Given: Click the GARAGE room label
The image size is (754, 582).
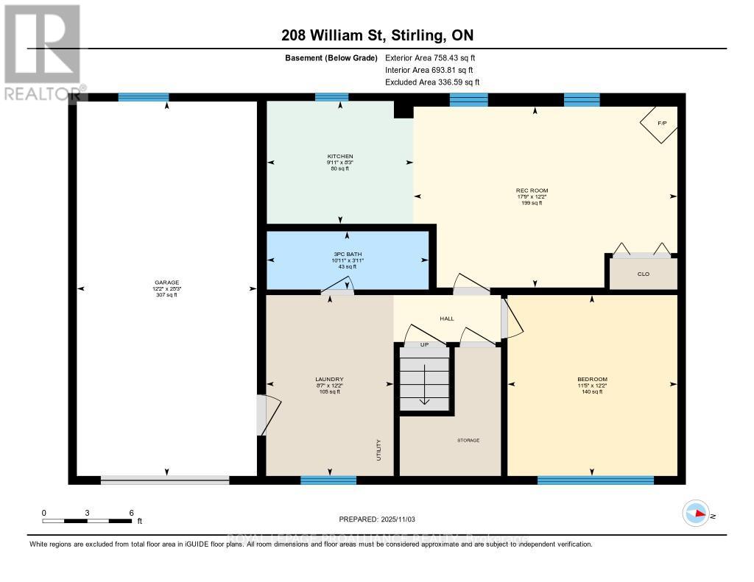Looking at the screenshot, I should [x=166, y=282].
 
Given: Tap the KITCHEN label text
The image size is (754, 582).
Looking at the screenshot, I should [x=340, y=156].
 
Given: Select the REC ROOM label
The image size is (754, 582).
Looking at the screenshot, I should [x=532, y=190].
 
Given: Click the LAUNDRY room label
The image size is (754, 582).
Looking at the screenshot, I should [x=329, y=379].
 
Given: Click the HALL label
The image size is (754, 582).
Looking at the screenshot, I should [x=447, y=319].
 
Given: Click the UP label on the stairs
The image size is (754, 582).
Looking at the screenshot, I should [x=423, y=344].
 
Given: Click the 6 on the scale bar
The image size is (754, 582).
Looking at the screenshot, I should [x=131, y=512].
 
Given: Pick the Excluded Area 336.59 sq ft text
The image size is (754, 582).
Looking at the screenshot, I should [x=432, y=82].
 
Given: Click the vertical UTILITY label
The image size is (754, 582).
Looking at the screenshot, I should [x=379, y=448].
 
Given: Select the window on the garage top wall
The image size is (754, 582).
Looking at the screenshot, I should [x=144, y=97].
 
